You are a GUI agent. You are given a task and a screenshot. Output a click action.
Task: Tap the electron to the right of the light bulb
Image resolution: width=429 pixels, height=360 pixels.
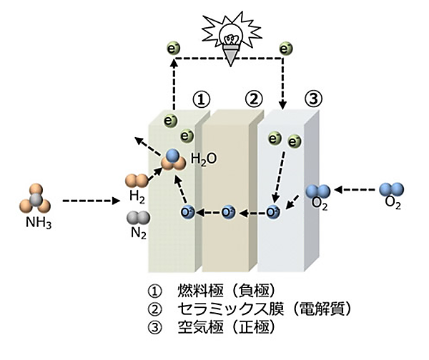point(287,49)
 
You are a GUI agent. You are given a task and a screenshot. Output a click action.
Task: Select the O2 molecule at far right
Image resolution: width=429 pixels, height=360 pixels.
point(392,190)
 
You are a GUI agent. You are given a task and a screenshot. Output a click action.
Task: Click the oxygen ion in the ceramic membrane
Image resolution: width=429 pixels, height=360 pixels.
point(228,211)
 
